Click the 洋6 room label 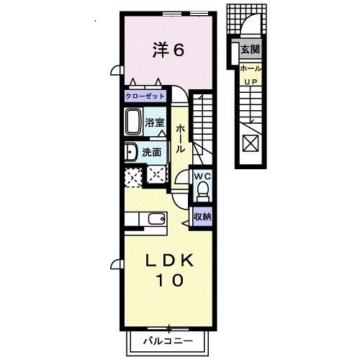tap(169, 50)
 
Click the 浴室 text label tap(156, 122)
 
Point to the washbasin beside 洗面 tap(130, 152)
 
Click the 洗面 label tap(152, 153)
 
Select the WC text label tap(201, 174)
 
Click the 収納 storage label tap(202, 216)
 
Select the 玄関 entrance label tap(249, 50)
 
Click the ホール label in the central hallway tap(181, 137)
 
